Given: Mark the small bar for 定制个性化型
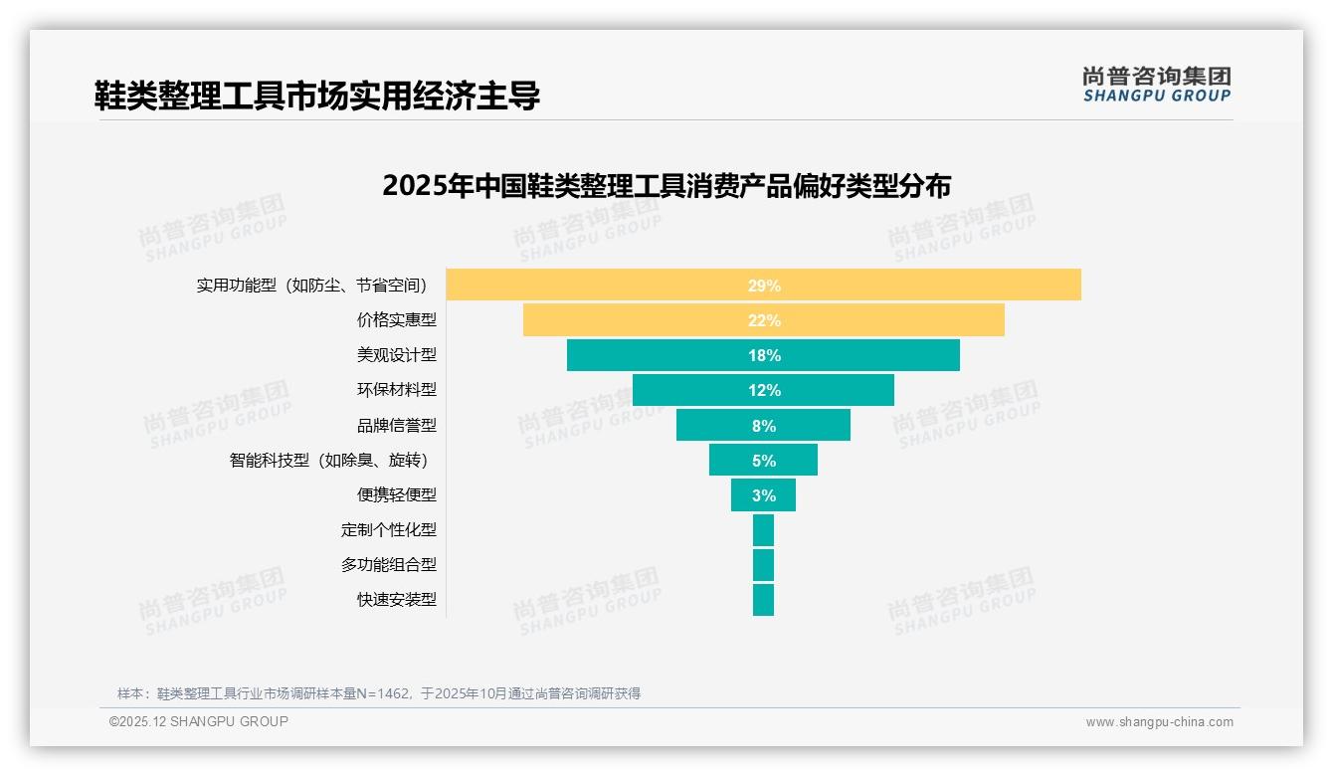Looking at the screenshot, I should (x=763, y=530).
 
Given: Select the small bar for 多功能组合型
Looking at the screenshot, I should (x=763, y=565).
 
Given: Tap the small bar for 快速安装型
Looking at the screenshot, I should (x=763, y=600).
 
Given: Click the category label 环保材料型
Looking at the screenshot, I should (x=397, y=390).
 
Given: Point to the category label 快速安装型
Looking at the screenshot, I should (x=397, y=600).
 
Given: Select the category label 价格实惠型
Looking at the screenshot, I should (x=397, y=320).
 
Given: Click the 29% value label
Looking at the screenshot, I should (x=764, y=286).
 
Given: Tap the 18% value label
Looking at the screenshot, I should (x=764, y=355).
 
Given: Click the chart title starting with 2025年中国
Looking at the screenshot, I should (x=666, y=186).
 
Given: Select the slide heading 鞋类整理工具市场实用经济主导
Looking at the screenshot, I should (x=317, y=96).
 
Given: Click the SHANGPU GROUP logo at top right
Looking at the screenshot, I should (x=1156, y=85).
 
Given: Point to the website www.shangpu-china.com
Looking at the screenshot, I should (x=1159, y=722).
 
